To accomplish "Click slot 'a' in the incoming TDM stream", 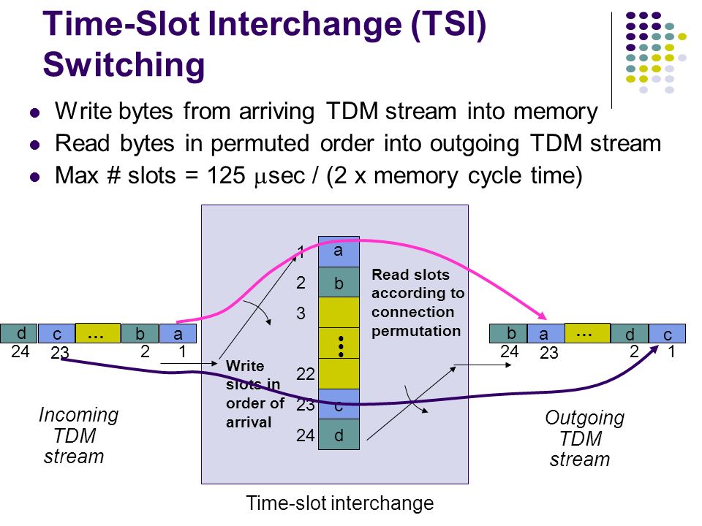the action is point(178,334).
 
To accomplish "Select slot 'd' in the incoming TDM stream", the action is point(19,334).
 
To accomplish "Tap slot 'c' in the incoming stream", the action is point(56,334).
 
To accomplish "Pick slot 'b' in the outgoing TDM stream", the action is point(508,334).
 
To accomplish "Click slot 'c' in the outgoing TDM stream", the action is point(667,334).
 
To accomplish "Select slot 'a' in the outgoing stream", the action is point(546,334).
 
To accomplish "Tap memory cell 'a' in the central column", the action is point(339,252).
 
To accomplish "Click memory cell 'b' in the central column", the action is point(339,282).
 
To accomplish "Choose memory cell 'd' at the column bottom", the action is point(339,434).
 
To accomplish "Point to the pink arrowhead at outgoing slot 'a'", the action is point(543,316).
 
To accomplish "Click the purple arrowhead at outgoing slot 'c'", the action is point(654,349).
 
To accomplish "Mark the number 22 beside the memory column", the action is point(306,374).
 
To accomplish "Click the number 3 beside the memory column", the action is point(301,313).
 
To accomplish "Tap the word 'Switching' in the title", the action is point(124,65).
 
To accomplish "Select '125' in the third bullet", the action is point(226,175).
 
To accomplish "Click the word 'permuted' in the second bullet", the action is point(260,144).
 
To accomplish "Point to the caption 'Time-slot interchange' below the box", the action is point(340,503).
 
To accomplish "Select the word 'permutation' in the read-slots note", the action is point(416,331).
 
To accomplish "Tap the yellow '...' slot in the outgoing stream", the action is point(587,334).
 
